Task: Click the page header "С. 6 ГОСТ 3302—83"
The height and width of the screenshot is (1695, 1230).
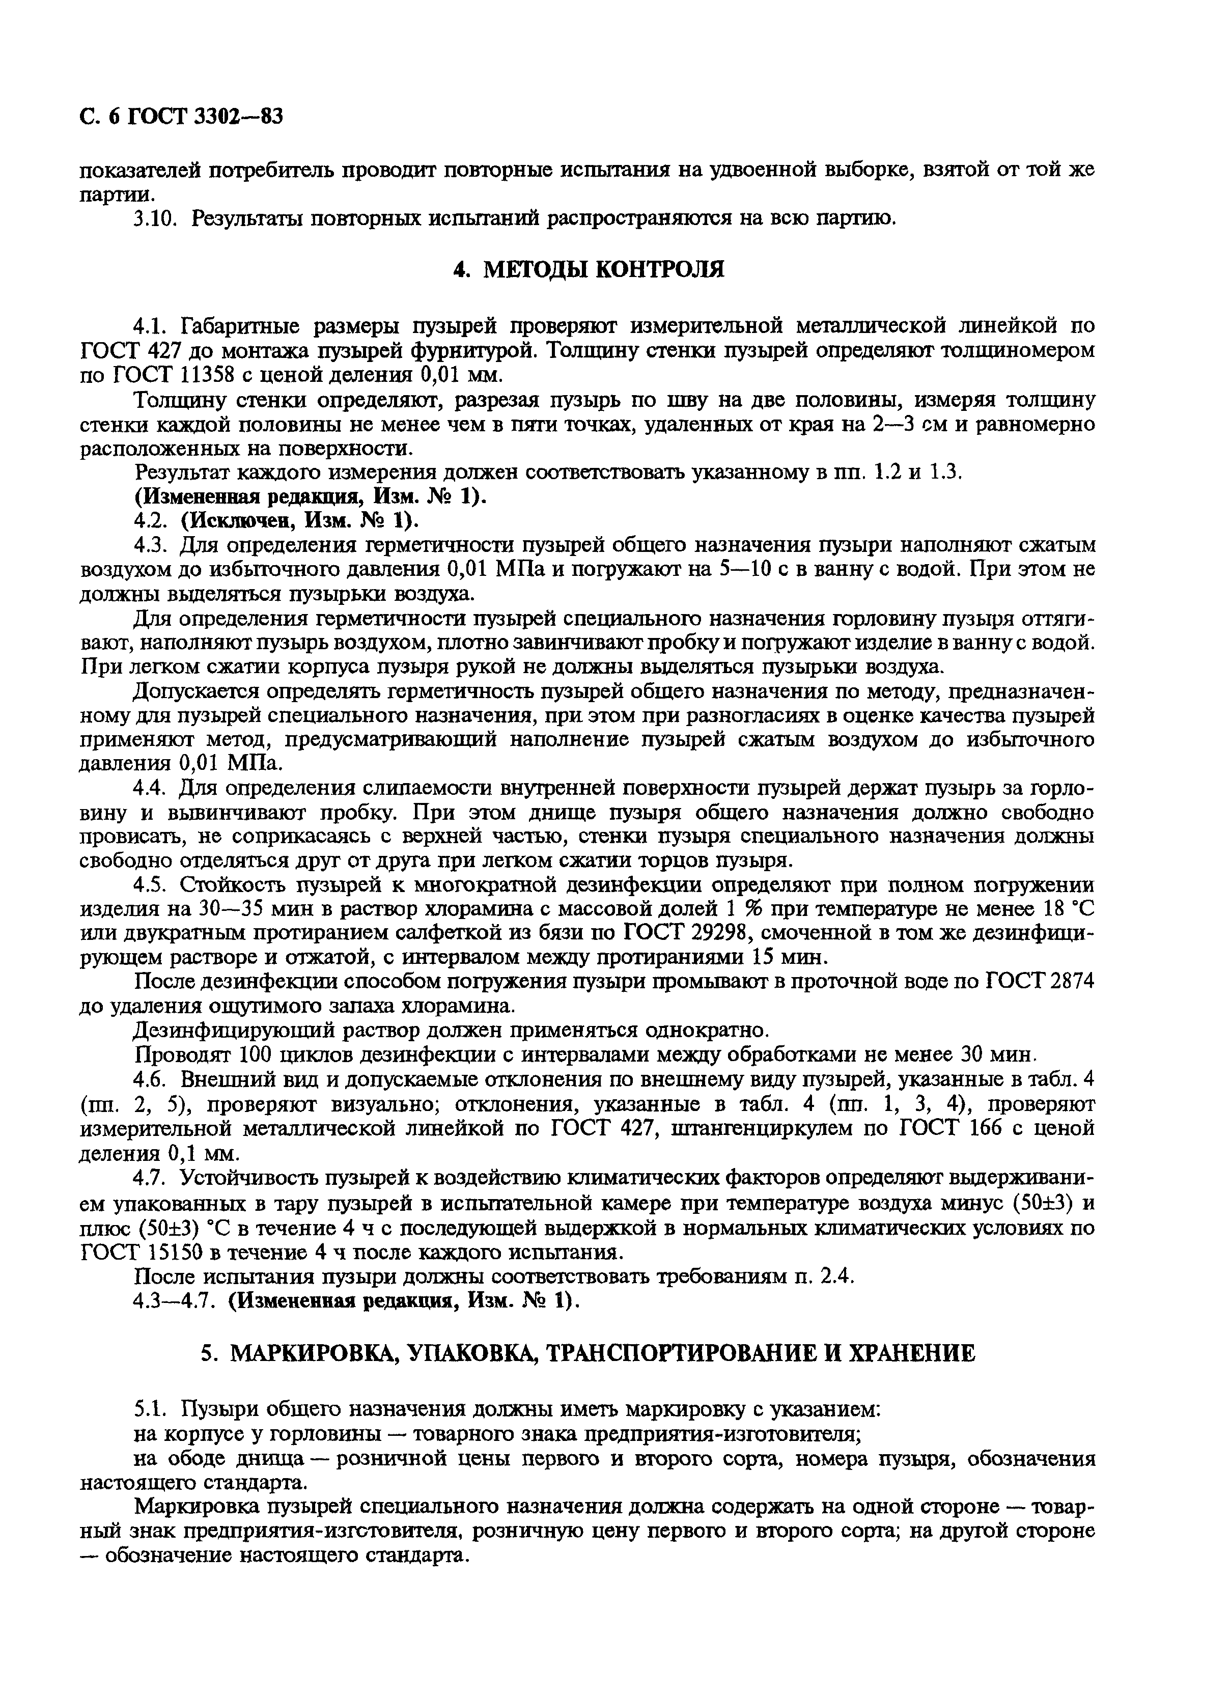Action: [x=181, y=117]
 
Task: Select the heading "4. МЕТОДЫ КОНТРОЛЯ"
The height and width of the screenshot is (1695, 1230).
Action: [x=589, y=269]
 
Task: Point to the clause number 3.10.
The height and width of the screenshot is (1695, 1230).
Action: [x=157, y=219]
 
